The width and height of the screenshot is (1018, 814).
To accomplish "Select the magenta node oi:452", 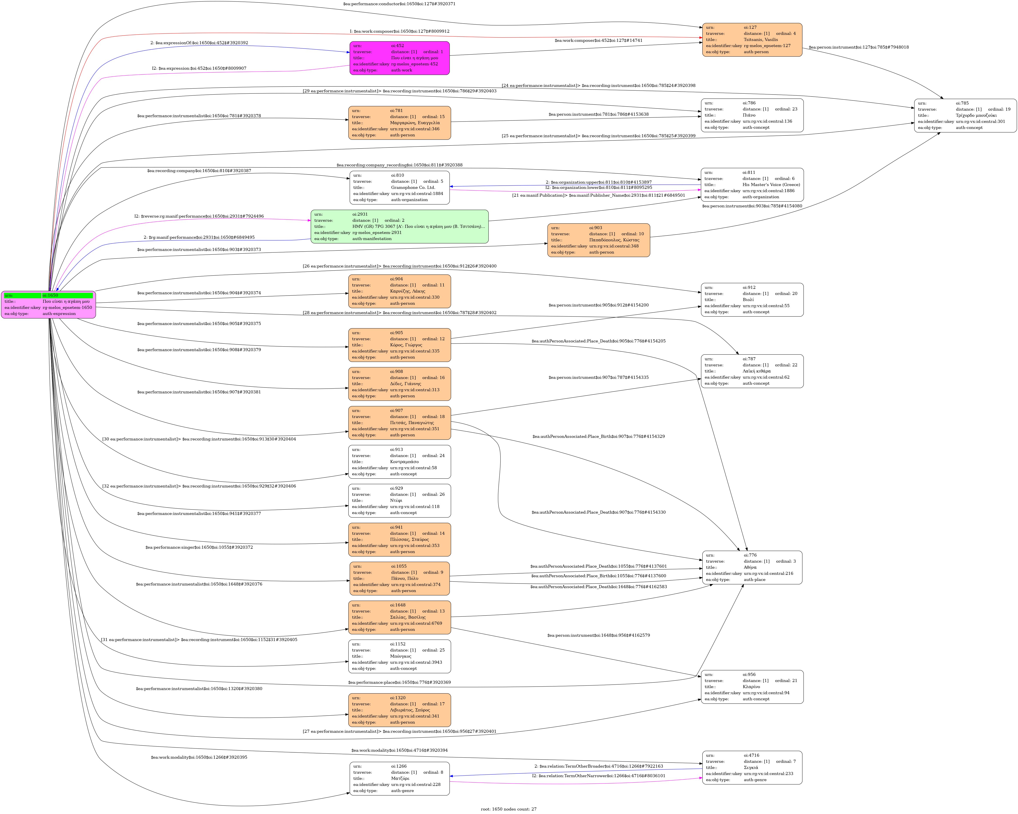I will pos(399,58).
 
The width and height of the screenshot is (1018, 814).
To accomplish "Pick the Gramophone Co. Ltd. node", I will pos(399,188).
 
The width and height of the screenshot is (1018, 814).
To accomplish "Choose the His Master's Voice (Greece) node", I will pos(752,185).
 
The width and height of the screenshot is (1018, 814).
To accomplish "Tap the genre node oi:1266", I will pos(399,778).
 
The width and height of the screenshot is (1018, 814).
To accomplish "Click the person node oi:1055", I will pos(399,578).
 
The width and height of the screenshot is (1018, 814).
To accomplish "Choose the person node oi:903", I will pos(599,240).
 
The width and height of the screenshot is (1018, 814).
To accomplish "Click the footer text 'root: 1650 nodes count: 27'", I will pos(509,809).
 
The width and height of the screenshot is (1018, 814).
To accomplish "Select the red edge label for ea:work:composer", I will pos(399,31).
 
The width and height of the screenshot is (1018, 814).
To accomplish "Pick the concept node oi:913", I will pos(399,462).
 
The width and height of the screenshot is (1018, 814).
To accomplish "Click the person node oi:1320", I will pos(399,710).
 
